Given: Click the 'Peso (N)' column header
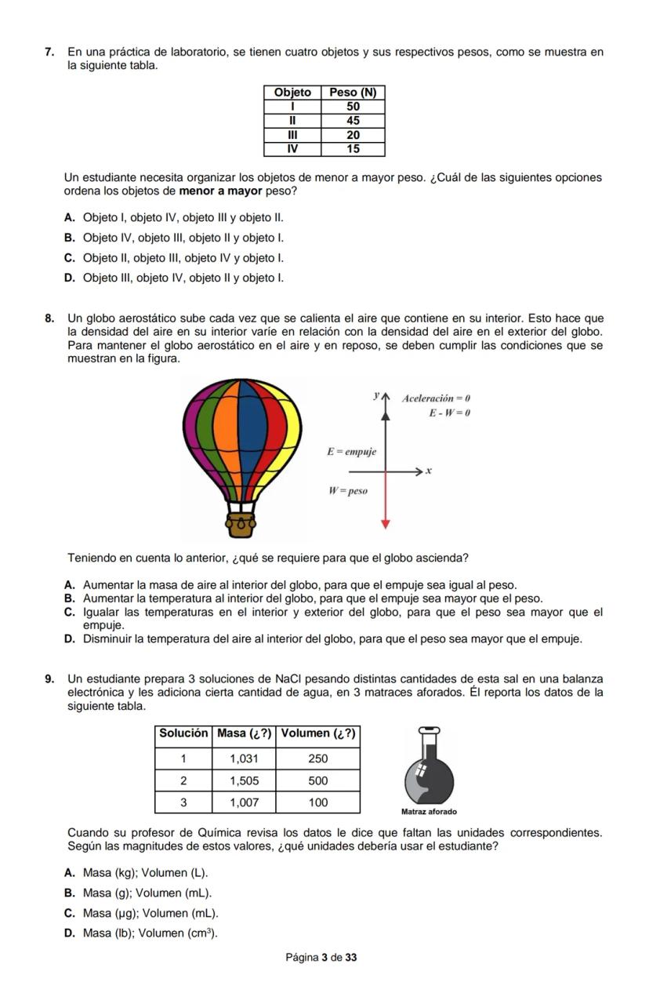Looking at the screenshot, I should click(353, 93).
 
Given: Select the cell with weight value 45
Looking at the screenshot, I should click(353, 121).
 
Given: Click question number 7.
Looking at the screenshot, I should click(49, 52).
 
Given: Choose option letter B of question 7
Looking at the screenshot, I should click(70, 238).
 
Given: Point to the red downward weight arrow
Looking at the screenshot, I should click(385, 502).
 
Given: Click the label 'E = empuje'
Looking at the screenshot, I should click(351, 452).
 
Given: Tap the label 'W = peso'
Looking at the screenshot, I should click(348, 491).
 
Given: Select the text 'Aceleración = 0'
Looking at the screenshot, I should click(436, 398).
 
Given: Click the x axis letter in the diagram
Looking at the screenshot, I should click(429, 471).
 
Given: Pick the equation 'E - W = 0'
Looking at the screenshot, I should click(448, 413).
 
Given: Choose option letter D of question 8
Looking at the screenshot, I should click(70, 639).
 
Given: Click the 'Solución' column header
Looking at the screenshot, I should click(183, 733).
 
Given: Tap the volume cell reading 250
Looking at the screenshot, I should click(317, 758).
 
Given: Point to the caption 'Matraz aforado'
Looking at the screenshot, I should click(428, 812).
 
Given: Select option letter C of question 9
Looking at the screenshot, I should click(70, 914).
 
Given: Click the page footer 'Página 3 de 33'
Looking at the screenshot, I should click(321, 958).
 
